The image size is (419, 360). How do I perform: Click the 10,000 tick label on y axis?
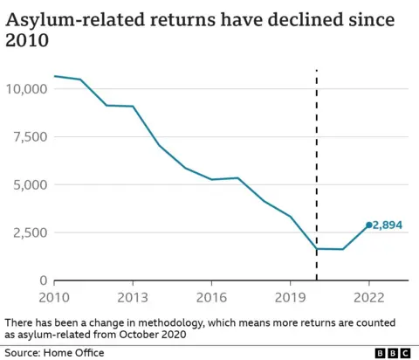25,89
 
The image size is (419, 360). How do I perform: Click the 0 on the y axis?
43,280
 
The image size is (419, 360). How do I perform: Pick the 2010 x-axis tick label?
54,296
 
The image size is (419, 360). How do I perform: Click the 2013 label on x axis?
133,296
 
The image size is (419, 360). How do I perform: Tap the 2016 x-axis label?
211,296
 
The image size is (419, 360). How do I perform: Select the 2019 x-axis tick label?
290,296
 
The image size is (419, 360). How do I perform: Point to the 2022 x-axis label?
368,296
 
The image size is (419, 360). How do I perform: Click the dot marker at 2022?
368,225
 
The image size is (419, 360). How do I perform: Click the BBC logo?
393,352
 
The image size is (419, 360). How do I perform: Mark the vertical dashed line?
316,175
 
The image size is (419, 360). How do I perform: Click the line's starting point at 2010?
54,76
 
